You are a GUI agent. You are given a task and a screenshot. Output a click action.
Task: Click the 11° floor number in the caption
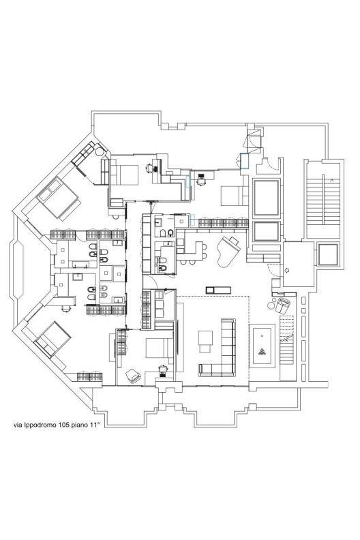pyautogui.click(x=94, y=425)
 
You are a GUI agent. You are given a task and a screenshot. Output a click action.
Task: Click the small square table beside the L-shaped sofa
pyautogui.click(x=205, y=342)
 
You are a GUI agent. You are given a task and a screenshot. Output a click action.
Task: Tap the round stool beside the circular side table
pyautogui.click(x=271, y=305)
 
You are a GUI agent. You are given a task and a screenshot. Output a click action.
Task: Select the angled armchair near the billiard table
pyautogui.click(x=284, y=306)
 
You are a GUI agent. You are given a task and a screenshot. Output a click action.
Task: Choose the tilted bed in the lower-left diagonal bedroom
pyautogui.click(x=52, y=340)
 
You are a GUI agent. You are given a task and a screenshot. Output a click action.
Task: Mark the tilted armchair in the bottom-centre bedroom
pyautogui.click(x=133, y=376)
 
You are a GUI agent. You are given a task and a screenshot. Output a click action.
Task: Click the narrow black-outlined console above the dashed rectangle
pyautogui.click(x=218, y=290)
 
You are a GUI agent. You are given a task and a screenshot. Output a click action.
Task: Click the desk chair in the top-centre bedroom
pyautogui.click(x=149, y=168)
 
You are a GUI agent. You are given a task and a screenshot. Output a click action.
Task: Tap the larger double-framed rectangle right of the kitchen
pyautogui.click(x=266, y=198)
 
